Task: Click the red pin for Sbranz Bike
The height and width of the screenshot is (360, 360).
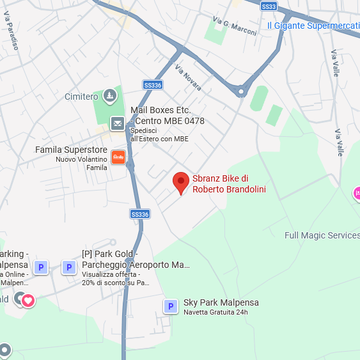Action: click(x=181, y=182)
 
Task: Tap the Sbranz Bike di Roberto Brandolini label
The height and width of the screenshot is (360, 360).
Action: click(x=229, y=184)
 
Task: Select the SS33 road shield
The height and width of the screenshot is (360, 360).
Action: click(x=270, y=6)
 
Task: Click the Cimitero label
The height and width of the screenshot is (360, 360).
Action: click(x=81, y=97)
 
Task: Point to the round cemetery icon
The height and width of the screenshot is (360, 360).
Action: click(x=110, y=96)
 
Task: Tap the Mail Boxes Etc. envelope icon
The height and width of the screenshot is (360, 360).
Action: click(x=118, y=123)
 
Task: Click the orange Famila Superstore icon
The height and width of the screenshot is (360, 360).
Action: click(x=118, y=157)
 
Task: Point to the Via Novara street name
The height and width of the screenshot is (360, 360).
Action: click(x=188, y=78)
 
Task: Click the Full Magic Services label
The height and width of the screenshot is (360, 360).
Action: click(x=322, y=235)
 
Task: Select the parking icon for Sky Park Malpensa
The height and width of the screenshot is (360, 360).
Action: click(x=170, y=307)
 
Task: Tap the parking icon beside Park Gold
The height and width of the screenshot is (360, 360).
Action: click(x=68, y=267)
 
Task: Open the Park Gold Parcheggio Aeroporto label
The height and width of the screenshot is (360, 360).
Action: click(x=136, y=260)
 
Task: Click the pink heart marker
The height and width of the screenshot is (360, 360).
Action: click(x=28, y=300)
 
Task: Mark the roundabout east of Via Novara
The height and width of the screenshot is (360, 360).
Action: click(x=241, y=91)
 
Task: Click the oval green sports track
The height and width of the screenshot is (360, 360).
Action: click(x=258, y=98)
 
